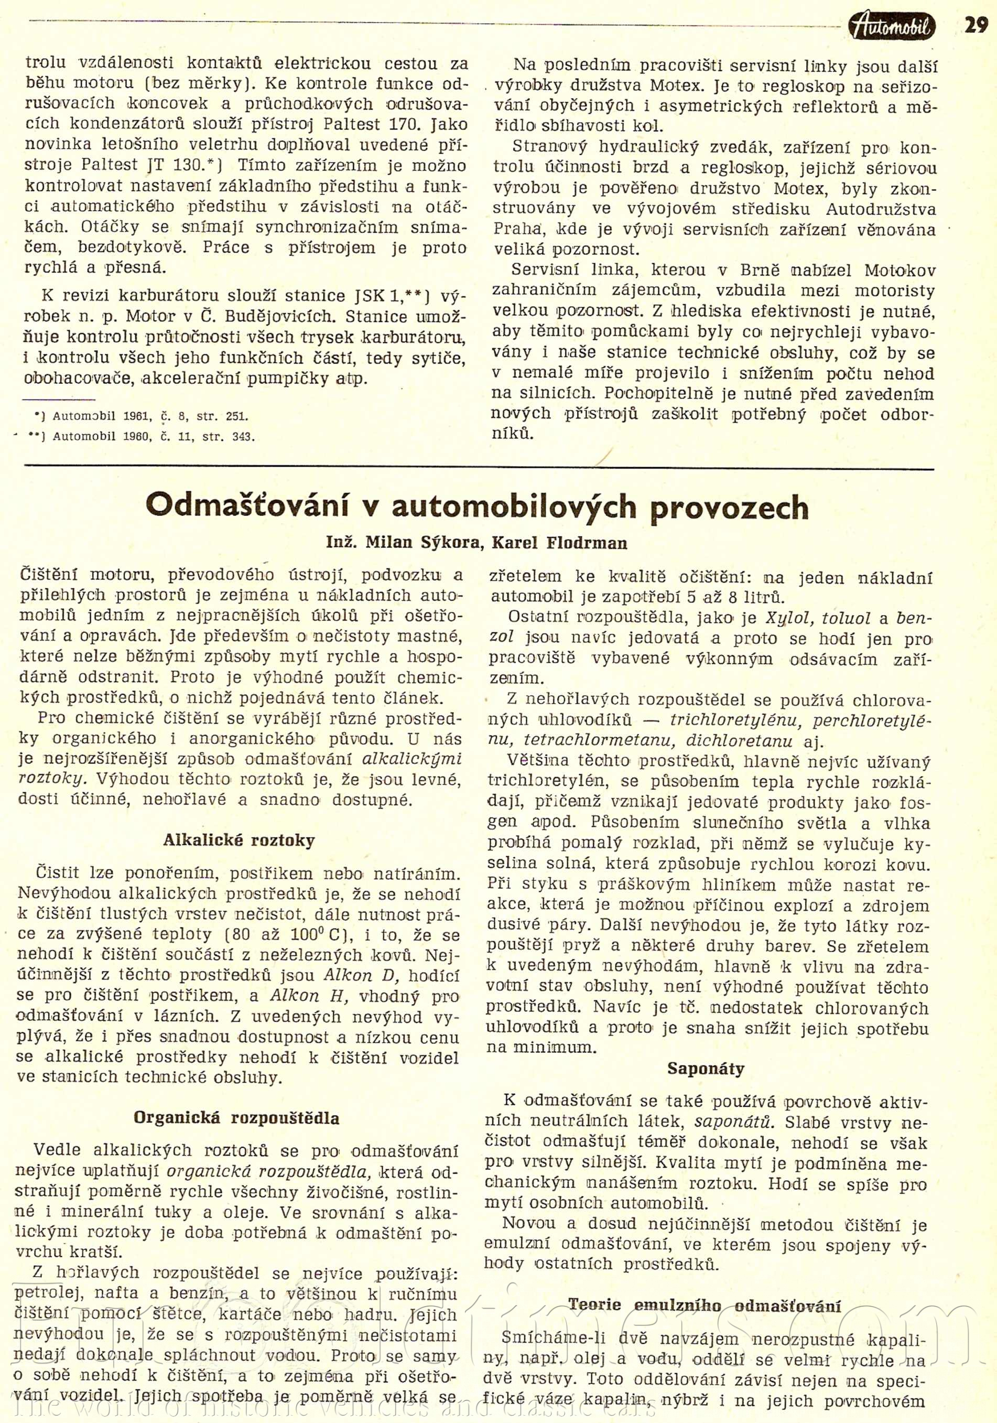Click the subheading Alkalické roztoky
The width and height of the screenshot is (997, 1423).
[x=239, y=840]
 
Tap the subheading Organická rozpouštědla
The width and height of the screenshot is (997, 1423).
[x=237, y=1118]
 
